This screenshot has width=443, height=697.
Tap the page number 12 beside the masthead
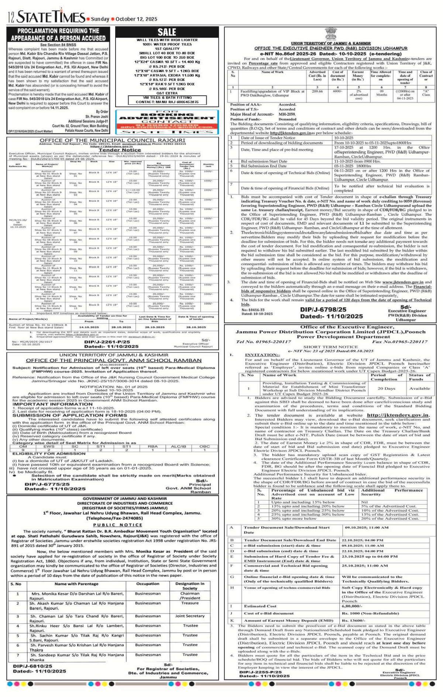(x=11, y=17)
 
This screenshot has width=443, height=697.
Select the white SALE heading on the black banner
(x=167, y=32)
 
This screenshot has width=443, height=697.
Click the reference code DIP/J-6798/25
(x=323, y=310)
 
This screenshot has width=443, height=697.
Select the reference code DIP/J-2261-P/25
(x=107, y=342)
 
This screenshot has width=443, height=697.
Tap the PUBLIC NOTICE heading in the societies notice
(x=112, y=525)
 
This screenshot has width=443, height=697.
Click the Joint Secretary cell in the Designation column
(x=190, y=616)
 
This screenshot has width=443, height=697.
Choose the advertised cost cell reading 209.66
(x=317, y=91)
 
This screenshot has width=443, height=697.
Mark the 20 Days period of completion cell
(x=386, y=389)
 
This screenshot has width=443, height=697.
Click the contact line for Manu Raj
(x=167, y=102)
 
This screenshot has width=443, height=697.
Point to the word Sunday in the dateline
(x=100, y=19)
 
